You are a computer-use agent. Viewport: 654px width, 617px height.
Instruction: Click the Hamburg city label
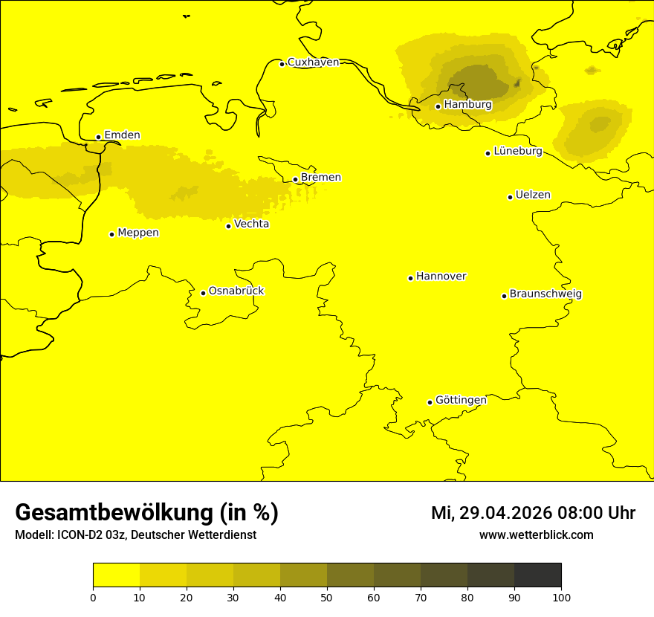pyautogui.click(x=467, y=105)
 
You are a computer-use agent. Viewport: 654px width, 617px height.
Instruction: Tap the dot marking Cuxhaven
pyautogui.click(x=282, y=64)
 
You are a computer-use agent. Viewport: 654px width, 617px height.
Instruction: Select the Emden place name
pyautogui.click(x=122, y=135)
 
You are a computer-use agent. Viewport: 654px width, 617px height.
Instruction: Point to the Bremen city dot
pyautogui.click(x=295, y=179)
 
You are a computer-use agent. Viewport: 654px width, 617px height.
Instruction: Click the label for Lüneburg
pyautogui.click(x=517, y=152)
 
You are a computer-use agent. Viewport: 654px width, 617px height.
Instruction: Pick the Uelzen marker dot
pyautogui.click(x=510, y=197)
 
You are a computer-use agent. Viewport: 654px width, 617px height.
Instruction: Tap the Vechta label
pyautogui.click(x=251, y=224)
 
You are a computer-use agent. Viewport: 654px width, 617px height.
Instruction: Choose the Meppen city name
pyautogui.click(x=137, y=233)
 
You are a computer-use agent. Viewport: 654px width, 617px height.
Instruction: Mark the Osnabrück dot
pyautogui.click(x=203, y=293)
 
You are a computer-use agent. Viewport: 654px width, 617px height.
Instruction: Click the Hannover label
pyautogui.click(x=441, y=277)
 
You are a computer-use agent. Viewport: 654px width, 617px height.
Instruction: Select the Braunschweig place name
pyautogui.click(x=545, y=294)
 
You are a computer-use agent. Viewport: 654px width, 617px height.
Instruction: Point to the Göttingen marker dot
pyautogui.click(x=430, y=402)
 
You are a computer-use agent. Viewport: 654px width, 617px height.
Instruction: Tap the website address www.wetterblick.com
pyautogui.click(x=536, y=535)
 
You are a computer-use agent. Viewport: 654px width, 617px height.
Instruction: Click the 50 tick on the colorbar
pyautogui.click(x=327, y=597)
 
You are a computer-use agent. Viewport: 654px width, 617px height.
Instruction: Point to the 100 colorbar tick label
pyautogui.click(x=561, y=597)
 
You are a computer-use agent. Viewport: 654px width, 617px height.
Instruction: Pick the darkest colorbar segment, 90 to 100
pyautogui.click(x=537, y=575)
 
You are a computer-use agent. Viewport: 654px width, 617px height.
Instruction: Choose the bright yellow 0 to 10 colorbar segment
pyautogui.click(x=116, y=575)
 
